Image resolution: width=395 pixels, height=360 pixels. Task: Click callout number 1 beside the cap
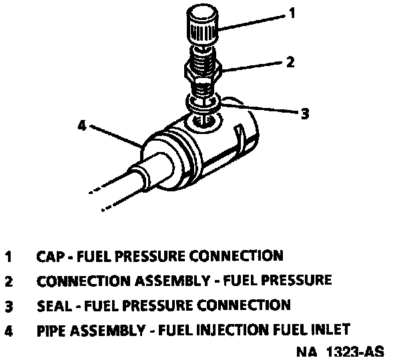pos(292,13)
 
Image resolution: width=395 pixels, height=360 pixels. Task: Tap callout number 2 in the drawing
pos(290,62)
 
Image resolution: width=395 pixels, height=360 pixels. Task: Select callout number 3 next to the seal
pos(305,113)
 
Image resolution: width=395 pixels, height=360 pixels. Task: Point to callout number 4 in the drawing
pos(82,125)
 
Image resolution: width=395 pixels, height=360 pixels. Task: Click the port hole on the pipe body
pos(204,120)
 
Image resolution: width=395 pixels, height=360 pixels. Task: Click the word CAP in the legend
pos(51,256)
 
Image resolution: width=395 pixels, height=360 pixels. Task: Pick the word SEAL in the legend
pos(54,305)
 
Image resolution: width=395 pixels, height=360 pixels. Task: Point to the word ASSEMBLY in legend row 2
pos(172,281)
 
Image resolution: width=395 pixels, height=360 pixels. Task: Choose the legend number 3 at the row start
pos(9,307)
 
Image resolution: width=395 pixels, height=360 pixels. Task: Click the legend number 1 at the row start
pos(9,257)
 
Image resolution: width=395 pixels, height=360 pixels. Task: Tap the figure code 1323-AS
pos(355,351)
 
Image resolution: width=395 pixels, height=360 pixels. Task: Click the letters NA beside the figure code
pos(306,352)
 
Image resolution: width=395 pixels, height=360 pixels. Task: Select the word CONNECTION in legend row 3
pos(244,305)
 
